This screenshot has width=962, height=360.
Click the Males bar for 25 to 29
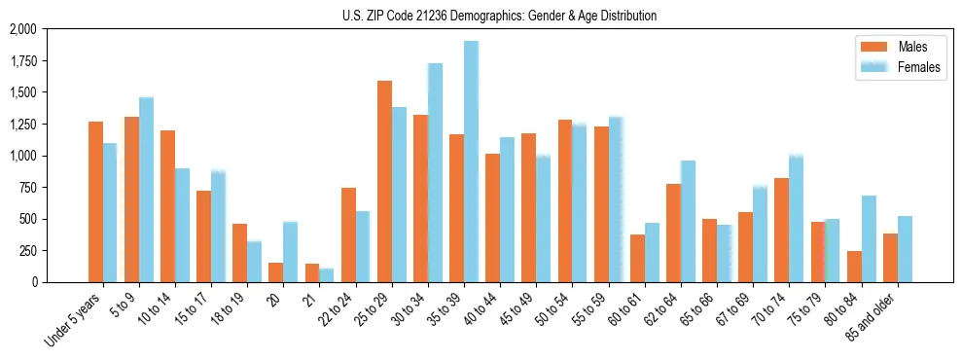pyautogui.click(x=384, y=181)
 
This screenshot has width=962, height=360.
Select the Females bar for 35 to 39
pyautogui.click(x=471, y=162)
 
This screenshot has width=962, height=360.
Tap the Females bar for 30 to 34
pyautogui.click(x=435, y=172)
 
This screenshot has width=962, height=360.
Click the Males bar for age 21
pyautogui.click(x=312, y=272)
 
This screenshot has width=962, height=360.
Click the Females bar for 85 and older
pyautogui.click(x=905, y=249)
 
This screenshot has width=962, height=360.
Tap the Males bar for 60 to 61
pyautogui.click(x=637, y=258)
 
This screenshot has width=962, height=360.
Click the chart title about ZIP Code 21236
pyautogui.click(x=499, y=16)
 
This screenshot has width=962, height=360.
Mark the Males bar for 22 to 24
pyautogui.click(x=348, y=234)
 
